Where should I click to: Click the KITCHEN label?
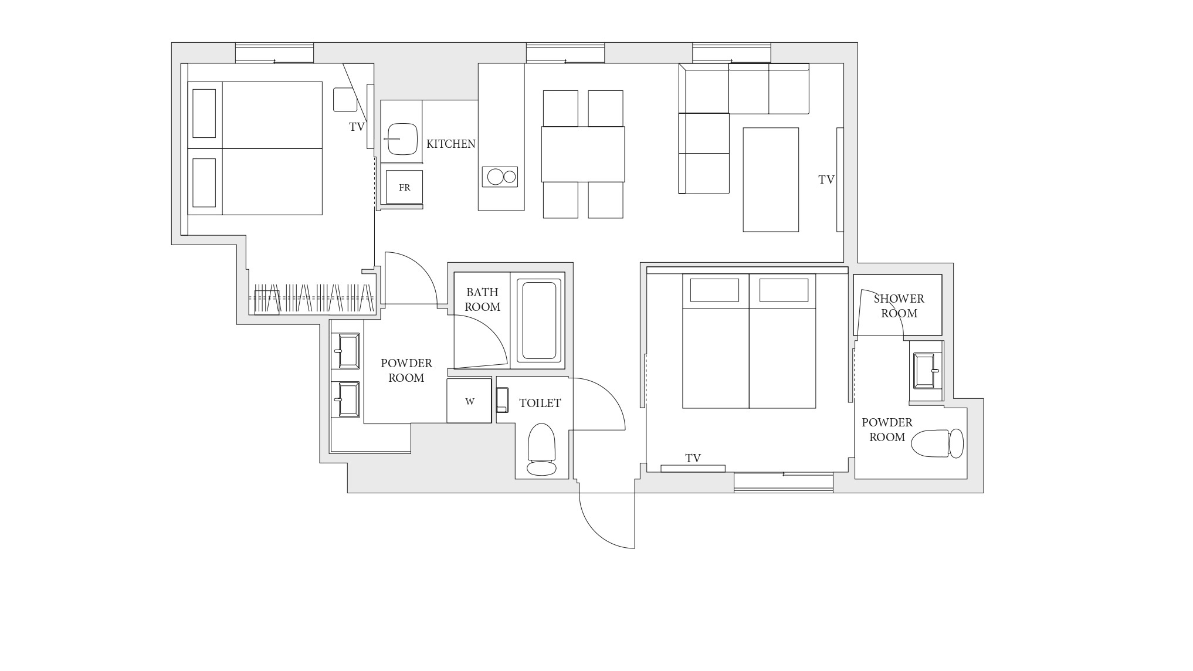pyautogui.click(x=450, y=144)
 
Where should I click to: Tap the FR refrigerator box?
pyautogui.click(x=404, y=187)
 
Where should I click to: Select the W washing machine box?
pyautogui.click(x=469, y=401)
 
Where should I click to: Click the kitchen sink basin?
pyautogui.click(x=402, y=139)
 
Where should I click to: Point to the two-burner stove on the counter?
pyautogui.click(x=500, y=177)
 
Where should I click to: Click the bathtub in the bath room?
pyautogui.click(x=539, y=320)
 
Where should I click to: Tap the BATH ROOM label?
pyautogui.click(x=483, y=299)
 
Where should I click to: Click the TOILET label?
pyautogui.click(x=540, y=403)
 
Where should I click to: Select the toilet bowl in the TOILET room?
pyautogui.click(x=541, y=449)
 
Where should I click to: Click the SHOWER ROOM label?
pyautogui.click(x=899, y=306)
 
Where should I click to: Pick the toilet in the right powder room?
pyautogui.click(x=937, y=443)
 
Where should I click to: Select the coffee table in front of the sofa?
pyautogui.click(x=771, y=179)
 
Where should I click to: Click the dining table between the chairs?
pyautogui.click(x=583, y=154)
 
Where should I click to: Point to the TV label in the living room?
pyautogui.click(x=826, y=179)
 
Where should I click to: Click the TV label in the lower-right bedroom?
pyautogui.click(x=693, y=458)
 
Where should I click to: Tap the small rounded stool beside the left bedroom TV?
pyautogui.click(x=345, y=100)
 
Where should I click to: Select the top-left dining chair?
pyautogui.click(x=561, y=109)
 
